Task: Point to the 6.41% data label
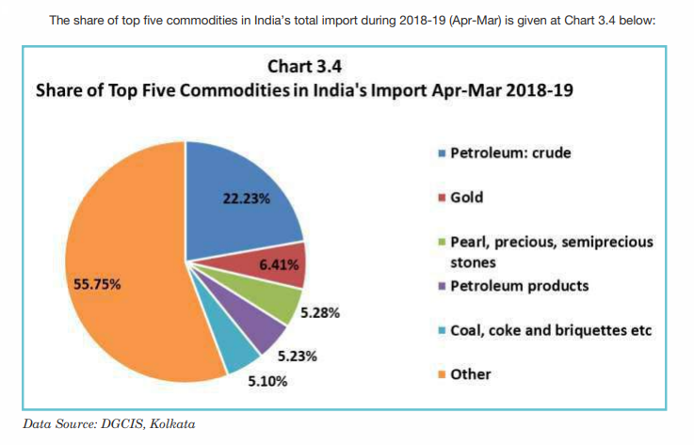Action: tap(279, 264)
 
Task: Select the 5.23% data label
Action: tap(297, 357)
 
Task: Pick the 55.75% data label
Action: tap(97, 283)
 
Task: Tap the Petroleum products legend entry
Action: tap(519, 285)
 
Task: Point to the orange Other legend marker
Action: tap(442, 374)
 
